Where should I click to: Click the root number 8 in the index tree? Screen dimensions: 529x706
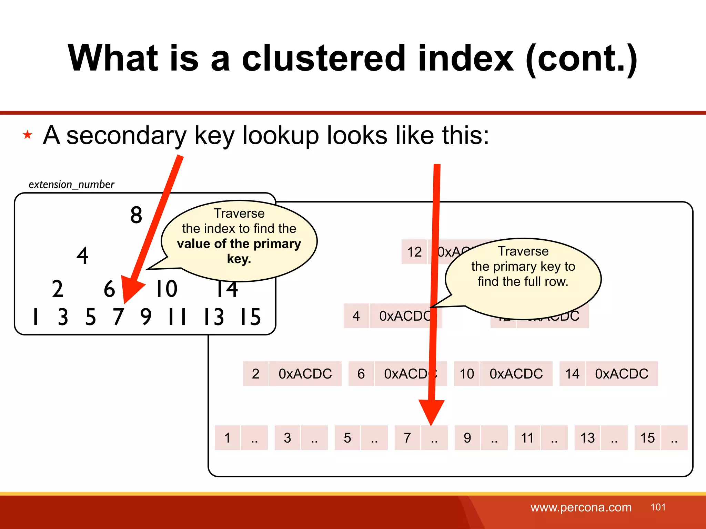(x=136, y=215)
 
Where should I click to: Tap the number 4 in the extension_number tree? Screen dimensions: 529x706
(x=82, y=256)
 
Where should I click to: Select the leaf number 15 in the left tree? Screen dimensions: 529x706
(x=251, y=317)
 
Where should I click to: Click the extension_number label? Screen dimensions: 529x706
(x=71, y=185)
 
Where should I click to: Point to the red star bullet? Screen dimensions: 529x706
(x=28, y=135)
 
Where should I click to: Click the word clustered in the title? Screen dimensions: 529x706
(x=323, y=59)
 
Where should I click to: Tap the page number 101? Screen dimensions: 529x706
(x=658, y=507)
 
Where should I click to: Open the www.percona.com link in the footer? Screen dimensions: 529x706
(x=581, y=507)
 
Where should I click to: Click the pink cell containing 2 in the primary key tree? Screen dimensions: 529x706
(x=255, y=374)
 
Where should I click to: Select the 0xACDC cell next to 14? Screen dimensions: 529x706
(x=622, y=374)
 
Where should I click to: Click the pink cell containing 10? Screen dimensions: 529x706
(x=467, y=374)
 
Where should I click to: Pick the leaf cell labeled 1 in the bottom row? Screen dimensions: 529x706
(x=227, y=438)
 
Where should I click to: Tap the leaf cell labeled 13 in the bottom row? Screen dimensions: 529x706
(x=587, y=438)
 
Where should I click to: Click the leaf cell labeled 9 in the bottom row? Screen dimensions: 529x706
(x=467, y=438)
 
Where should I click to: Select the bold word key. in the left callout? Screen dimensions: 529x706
(x=239, y=259)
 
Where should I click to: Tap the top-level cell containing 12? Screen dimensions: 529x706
(x=414, y=252)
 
